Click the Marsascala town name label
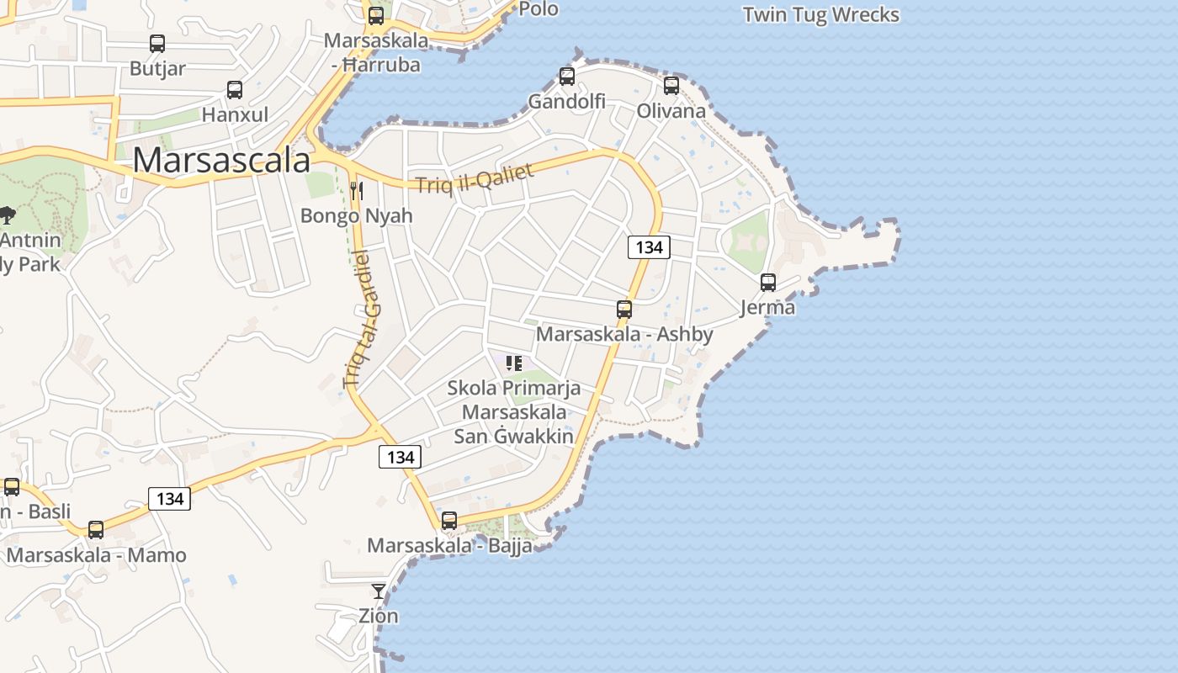(221, 160)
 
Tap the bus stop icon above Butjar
(157, 44)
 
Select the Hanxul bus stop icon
(235, 89)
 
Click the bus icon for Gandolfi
(567, 77)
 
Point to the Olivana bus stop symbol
(671, 85)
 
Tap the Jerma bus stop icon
(767, 283)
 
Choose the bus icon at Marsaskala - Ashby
(623, 310)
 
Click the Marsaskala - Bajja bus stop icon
(449, 521)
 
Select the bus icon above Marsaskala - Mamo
(96, 530)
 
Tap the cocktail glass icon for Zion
(379, 591)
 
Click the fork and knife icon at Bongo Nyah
(356, 191)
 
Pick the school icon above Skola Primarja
(513, 363)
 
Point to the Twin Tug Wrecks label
(821, 15)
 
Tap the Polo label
(539, 9)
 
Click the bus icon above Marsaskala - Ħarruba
(376, 15)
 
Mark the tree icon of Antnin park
(7, 215)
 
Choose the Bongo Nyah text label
(357, 215)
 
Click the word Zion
(379, 616)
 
